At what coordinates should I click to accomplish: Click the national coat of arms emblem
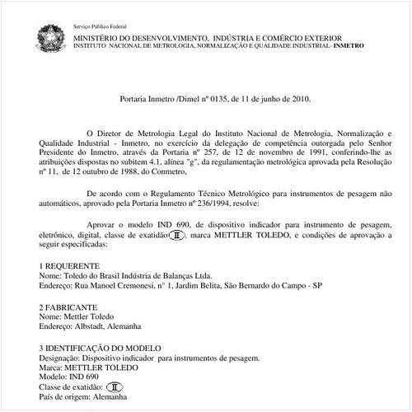point(49,35)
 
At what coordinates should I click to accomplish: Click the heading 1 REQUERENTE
point(70,265)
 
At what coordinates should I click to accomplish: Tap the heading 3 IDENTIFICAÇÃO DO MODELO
point(106,347)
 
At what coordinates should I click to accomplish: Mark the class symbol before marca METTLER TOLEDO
point(175,235)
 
